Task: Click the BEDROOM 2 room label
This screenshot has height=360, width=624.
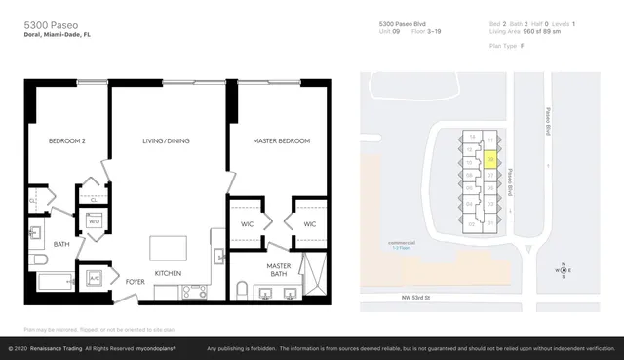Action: point(67,141)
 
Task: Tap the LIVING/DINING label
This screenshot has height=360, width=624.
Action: point(166,141)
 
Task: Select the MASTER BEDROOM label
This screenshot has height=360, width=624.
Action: point(282,141)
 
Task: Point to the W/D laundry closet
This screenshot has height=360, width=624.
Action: point(95,221)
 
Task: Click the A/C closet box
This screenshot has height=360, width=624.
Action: point(95,278)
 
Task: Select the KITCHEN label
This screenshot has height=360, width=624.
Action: point(168,273)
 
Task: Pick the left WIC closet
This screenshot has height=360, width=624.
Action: point(248,224)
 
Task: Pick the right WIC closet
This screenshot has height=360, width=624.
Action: point(310,224)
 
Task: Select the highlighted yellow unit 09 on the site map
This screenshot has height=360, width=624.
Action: point(491,155)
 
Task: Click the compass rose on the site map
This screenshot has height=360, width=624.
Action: point(563,270)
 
